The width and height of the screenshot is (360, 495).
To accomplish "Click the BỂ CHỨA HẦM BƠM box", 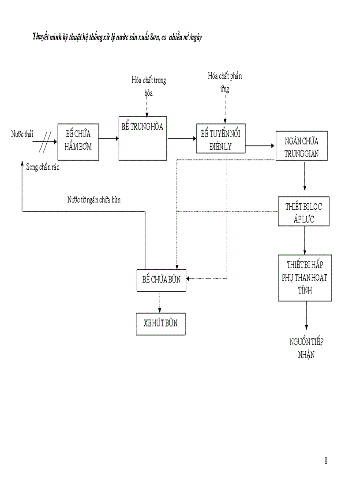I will tap(78, 141).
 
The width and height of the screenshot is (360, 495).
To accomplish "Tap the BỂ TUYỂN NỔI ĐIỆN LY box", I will tap(221, 138).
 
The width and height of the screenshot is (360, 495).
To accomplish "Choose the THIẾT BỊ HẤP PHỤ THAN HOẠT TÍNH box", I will tap(305, 278).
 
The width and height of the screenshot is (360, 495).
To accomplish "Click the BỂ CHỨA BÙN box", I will tap(161, 280).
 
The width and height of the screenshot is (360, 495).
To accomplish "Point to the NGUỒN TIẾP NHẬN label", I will tap(309, 348).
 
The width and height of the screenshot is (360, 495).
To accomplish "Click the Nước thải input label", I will tap(22, 134).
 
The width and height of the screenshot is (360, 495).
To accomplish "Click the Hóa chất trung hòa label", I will tap(149, 86).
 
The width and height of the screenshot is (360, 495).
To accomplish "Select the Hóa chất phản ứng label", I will tap(225, 82).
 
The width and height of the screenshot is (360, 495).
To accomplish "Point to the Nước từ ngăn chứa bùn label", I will tap(94, 200).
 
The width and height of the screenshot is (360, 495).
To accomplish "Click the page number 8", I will tap(326, 462).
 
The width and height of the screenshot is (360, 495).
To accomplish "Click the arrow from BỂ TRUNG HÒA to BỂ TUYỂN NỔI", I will tap(182, 138).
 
